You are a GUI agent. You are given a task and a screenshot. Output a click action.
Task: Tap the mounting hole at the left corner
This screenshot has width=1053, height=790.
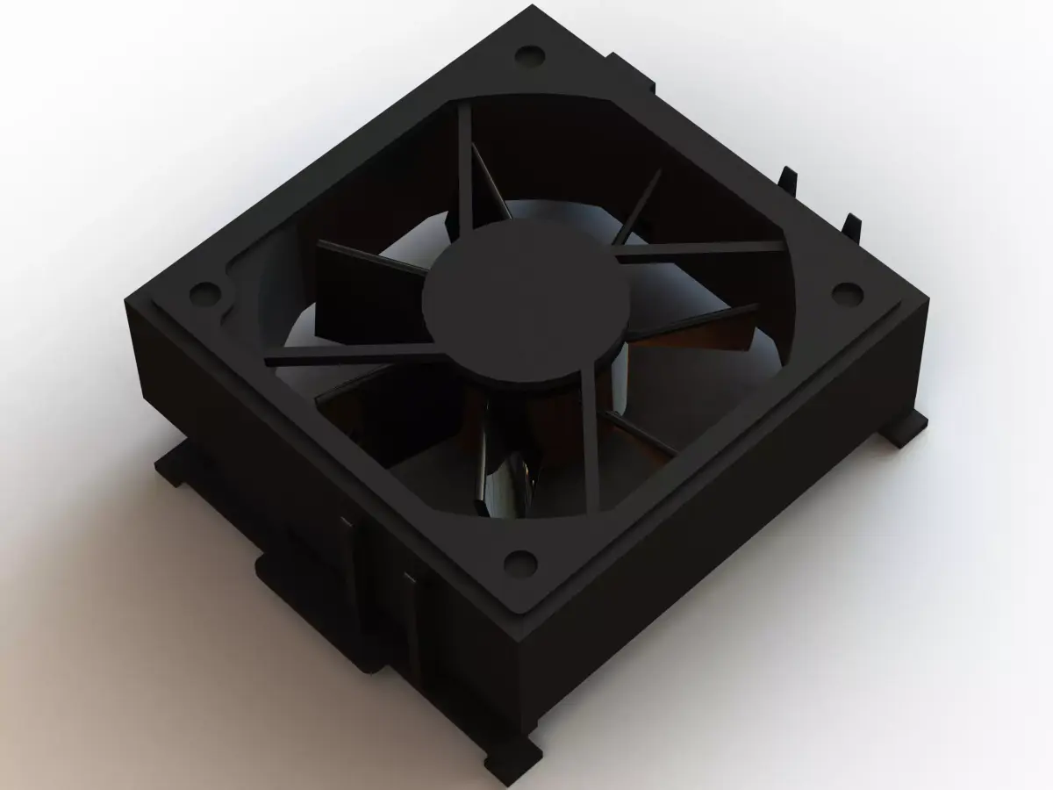204,289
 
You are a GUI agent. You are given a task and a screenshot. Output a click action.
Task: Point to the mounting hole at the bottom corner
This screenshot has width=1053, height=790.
521,559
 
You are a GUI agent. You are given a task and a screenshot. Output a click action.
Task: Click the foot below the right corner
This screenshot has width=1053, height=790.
904,430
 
